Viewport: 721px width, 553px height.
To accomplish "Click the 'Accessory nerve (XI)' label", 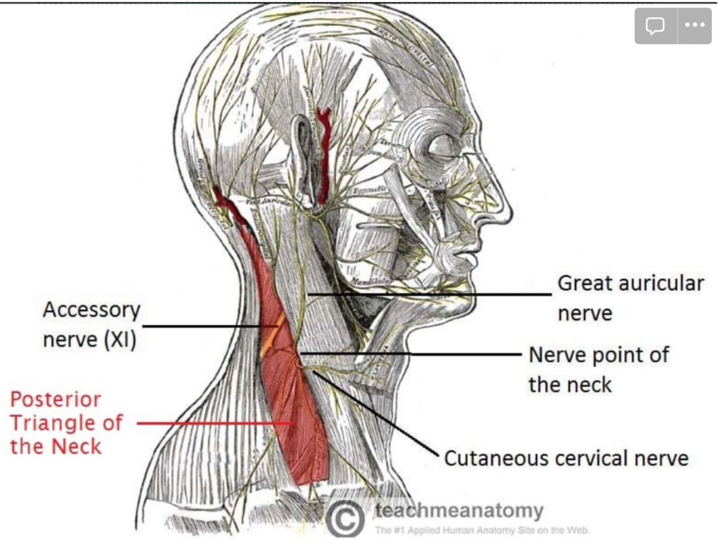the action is [91, 324].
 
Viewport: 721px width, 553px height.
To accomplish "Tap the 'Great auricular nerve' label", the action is [630, 298].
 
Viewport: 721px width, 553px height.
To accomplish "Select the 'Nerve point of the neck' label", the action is [598, 370].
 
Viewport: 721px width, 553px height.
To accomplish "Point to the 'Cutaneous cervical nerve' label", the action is [566, 458].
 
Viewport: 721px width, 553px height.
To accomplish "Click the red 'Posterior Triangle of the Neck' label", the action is [66, 423].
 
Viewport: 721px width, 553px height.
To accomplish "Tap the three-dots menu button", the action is [695, 25].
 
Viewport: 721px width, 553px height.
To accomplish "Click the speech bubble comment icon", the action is [656, 25].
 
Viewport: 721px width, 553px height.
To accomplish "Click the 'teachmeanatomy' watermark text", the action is [459, 510].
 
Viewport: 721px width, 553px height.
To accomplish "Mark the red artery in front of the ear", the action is [324, 157].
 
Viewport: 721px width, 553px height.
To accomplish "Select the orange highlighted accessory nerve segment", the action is [273, 335].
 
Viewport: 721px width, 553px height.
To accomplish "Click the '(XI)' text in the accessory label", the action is [119, 340].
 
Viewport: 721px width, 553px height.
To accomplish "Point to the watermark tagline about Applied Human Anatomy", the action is [482, 530].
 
